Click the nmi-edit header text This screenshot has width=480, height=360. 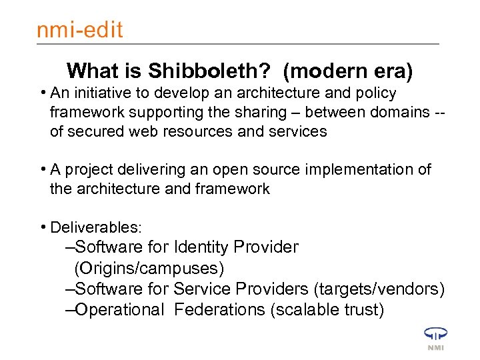pyautogui.click(x=79, y=30)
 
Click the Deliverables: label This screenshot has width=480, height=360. pyautogui.click(x=96, y=227)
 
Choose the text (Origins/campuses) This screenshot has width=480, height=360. pyautogui.click(x=149, y=268)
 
